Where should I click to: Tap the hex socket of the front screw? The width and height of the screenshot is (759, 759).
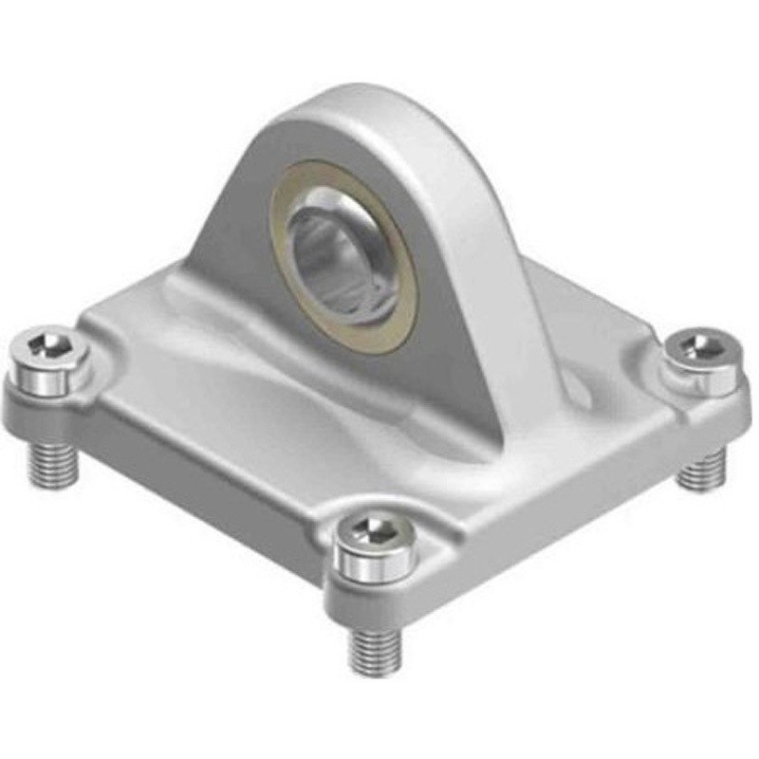tap(377, 528)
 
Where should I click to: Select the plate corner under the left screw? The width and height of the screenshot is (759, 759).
tap(38, 398)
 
